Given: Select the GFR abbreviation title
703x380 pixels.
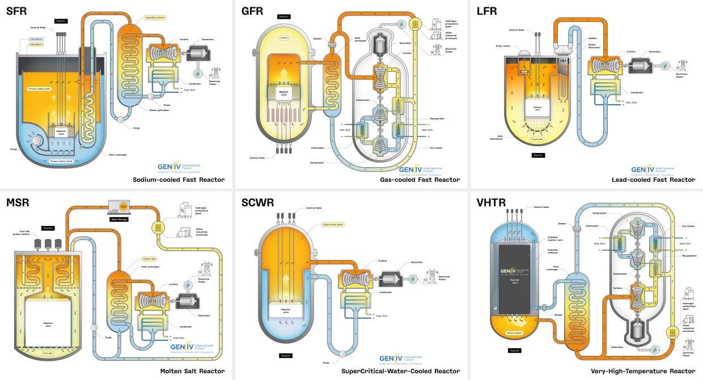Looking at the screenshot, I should (252, 11).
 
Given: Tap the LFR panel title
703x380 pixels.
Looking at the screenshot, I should (487, 11).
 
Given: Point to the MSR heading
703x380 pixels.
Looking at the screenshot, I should (17, 202).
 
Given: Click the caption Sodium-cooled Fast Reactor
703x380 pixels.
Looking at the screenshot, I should (179, 180).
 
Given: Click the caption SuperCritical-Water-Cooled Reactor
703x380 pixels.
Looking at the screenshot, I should (400, 371).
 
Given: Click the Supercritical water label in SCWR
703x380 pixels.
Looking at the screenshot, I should (333, 224).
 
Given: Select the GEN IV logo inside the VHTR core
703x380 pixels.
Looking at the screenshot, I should (514, 270).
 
